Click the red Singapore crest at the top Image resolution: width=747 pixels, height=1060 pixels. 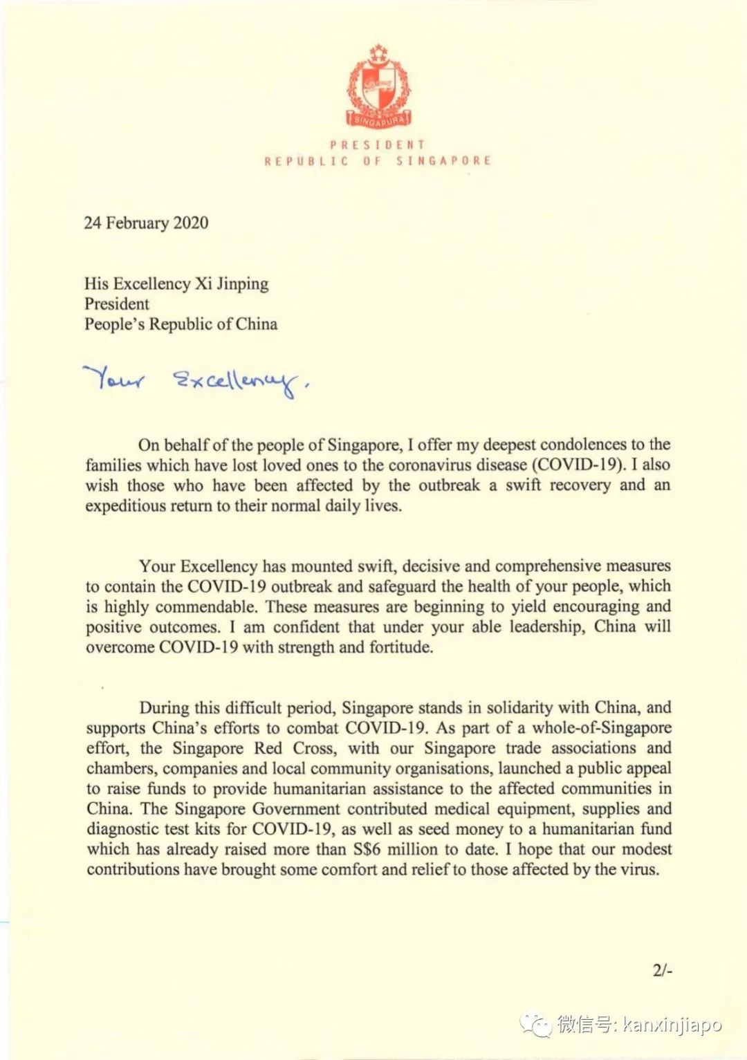(x=378, y=86)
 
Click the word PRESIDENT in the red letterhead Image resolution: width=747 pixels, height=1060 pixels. (x=378, y=145)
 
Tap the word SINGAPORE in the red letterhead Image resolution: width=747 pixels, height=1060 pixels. (x=443, y=160)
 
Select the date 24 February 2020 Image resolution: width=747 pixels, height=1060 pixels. (x=146, y=223)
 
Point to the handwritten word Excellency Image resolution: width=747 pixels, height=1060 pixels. (x=235, y=382)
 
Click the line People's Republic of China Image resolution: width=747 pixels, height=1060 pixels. (x=181, y=324)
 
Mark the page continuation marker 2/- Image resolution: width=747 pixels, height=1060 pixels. (x=662, y=970)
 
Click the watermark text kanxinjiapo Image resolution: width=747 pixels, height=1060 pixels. (x=672, y=1024)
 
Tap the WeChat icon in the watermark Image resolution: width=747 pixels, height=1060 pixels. (x=537, y=1024)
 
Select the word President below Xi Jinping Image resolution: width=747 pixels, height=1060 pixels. (x=117, y=304)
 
